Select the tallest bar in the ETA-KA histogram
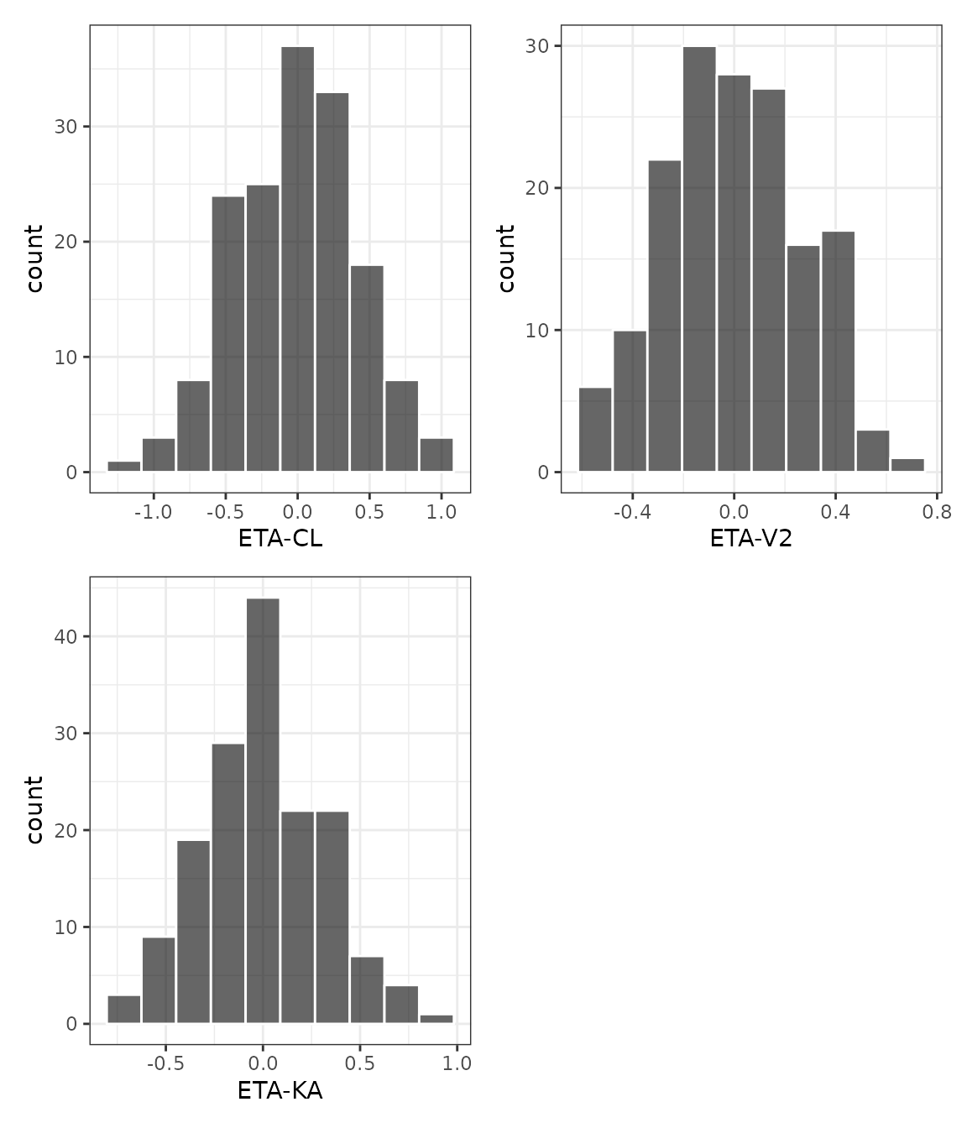pyautogui.click(x=263, y=810)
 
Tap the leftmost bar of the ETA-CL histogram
pyautogui.click(x=124, y=467)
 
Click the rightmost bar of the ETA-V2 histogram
pyautogui.click(x=907, y=465)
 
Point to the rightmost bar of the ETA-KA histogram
pyautogui.click(x=436, y=1019)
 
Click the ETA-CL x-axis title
pyautogui.click(x=280, y=539)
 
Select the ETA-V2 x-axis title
pyautogui.click(x=751, y=539)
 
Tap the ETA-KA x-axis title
pyautogui.click(x=280, y=1091)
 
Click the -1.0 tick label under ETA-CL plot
pyautogui.click(x=153, y=512)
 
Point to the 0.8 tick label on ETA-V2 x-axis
pyautogui.click(x=938, y=512)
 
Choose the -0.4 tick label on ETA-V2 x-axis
pyautogui.click(x=631, y=512)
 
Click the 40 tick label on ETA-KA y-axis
pyautogui.click(x=66, y=637)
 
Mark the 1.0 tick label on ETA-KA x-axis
pyautogui.click(x=457, y=1063)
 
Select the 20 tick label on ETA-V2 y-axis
pyautogui.click(x=538, y=188)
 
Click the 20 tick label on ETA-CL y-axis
pyautogui.click(x=66, y=242)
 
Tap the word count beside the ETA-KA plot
pyautogui.click(x=34, y=810)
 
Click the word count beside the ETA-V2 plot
pyautogui.click(x=505, y=258)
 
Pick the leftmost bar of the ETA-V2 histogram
pyautogui.click(x=595, y=429)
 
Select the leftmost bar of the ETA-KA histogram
pyautogui.click(x=124, y=1009)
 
